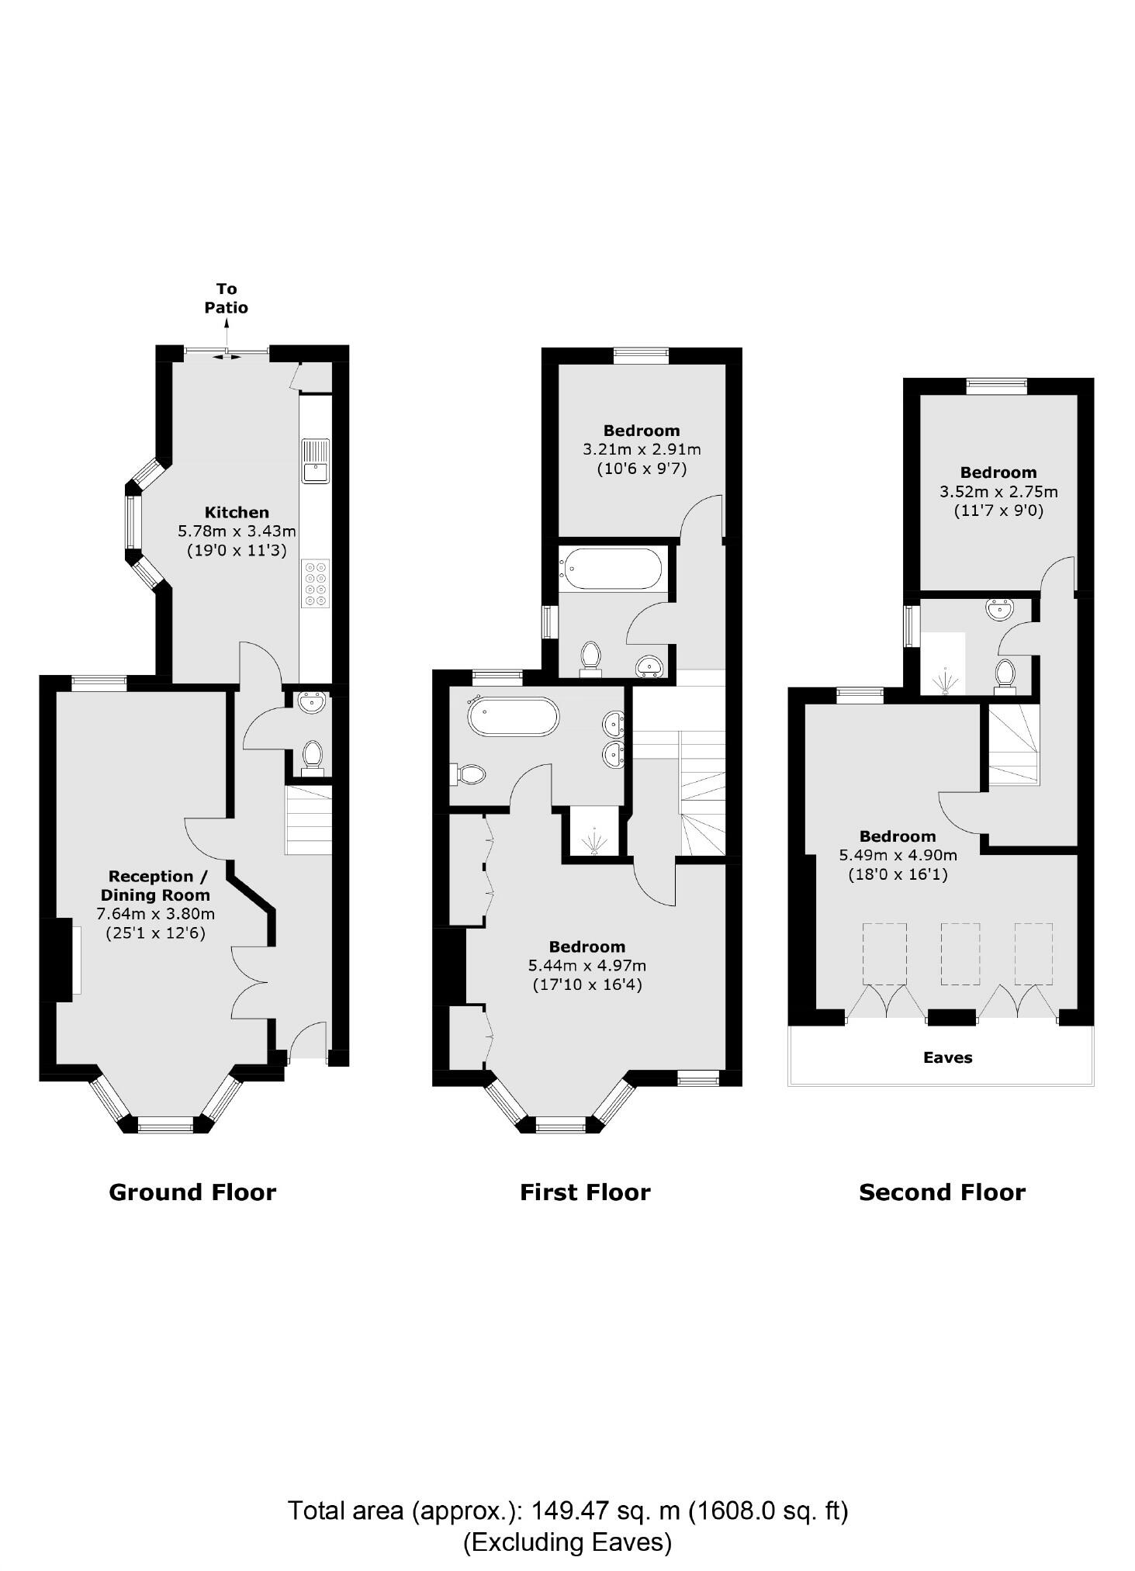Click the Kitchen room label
tap(237, 512)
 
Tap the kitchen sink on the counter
tap(315, 461)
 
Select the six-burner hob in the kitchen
tap(316, 583)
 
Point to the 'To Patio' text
tap(227, 299)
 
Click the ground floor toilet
tap(313, 756)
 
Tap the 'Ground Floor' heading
tap(192, 1192)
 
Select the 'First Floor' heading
tap(585, 1192)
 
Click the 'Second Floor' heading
tap(942, 1192)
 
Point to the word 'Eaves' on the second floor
tap(947, 1057)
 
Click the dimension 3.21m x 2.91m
tap(642, 449)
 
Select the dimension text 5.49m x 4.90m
tap(898, 856)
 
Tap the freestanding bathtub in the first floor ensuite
tap(513, 717)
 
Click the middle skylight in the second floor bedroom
tap(960, 954)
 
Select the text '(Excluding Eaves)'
tap(567, 1542)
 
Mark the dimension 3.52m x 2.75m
tap(998, 492)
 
